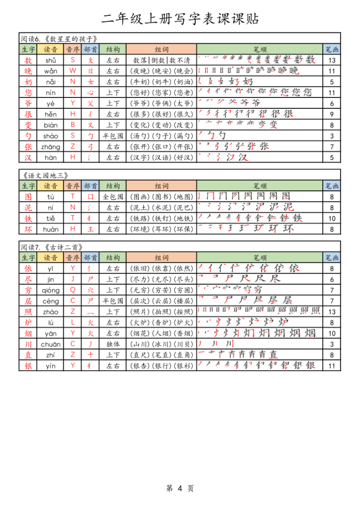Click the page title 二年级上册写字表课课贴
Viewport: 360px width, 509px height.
coord(180,19)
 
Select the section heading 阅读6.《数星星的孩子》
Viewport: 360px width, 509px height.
coord(59,39)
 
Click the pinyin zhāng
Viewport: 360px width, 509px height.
coord(50,147)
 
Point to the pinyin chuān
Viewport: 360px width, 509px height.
coord(50,344)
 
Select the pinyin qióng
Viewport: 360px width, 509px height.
coord(50,290)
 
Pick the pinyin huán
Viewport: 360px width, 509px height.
coord(50,229)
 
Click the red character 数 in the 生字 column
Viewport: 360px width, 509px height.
coord(28,60)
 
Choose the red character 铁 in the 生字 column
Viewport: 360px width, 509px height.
coord(28,218)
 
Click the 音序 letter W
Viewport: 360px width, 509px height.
coord(73,71)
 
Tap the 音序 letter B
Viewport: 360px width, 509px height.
coord(73,125)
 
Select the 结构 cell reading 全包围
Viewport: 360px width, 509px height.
coord(113,196)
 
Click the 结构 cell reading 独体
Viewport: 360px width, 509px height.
coord(113,344)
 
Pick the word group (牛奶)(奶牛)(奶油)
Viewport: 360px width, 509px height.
coord(162,82)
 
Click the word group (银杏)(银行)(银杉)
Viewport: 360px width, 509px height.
coord(162,366)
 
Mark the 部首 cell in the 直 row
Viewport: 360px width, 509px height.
coord(90,355)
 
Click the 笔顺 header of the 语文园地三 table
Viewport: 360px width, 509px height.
coord(260,186)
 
